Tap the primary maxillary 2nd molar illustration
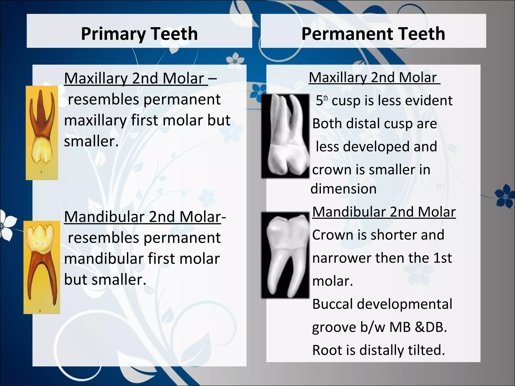point(42,133)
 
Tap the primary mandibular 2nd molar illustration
point(42,267)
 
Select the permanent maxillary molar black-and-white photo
point(285,136)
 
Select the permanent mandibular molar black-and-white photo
point(285,255)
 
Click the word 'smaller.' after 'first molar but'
point(91,141)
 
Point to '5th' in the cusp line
point(322,101)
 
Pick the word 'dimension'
point(344,189)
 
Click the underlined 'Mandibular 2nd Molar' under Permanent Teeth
point(384,212)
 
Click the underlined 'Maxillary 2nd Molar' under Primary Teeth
point(136,78)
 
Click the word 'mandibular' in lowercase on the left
point(104,259)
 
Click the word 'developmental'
point(404,304)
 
